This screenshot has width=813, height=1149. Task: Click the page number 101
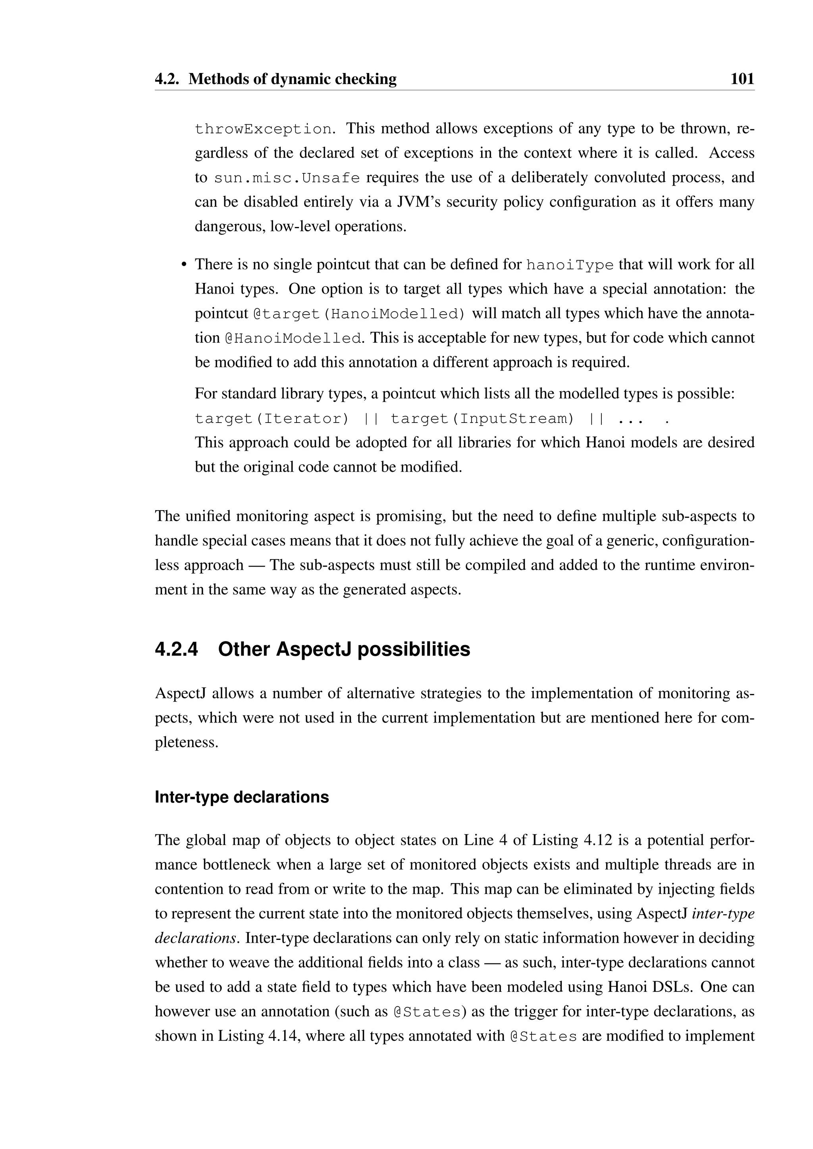742,79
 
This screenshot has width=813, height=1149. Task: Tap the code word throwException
263,129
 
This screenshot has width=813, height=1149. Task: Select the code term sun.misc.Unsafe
287,178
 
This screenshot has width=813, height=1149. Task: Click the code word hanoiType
570,265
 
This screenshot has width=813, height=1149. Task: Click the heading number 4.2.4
176,649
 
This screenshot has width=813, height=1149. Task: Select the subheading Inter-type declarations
242,797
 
